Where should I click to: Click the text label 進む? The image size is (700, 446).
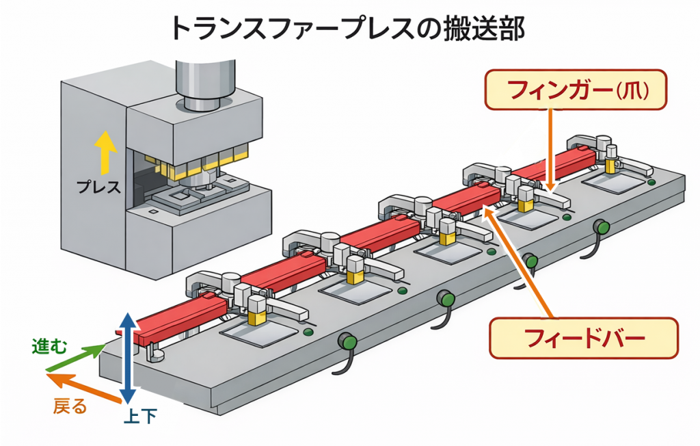point(49,347)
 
